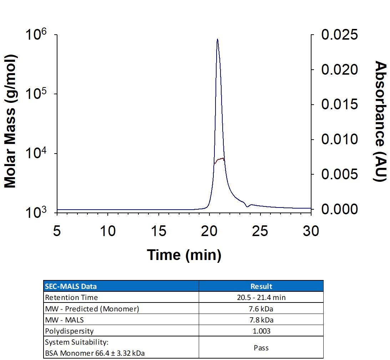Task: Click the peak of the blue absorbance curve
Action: [217, 40]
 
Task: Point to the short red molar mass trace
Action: [219, 160]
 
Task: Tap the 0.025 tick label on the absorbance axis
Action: [339, 35]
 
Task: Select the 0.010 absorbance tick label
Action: [339, 140]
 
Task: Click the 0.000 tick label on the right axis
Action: [339, 209]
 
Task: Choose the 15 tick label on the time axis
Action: [158, 231]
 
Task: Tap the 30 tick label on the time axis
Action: [311, 231]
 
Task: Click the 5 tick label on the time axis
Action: [57, 231]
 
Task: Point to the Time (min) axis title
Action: [184, 255]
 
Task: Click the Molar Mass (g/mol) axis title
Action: [11, 121]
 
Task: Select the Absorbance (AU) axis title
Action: [380, 121]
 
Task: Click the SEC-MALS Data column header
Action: [71, 286]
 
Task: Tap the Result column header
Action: [261, 286]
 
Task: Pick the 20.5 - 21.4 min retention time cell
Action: [261, 297]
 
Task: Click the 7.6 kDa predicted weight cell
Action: [261, 309]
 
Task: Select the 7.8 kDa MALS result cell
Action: [261, 320]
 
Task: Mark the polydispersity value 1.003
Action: [261, 331]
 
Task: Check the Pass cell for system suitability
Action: [261, 347]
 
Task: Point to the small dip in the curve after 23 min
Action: [247, 206]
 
